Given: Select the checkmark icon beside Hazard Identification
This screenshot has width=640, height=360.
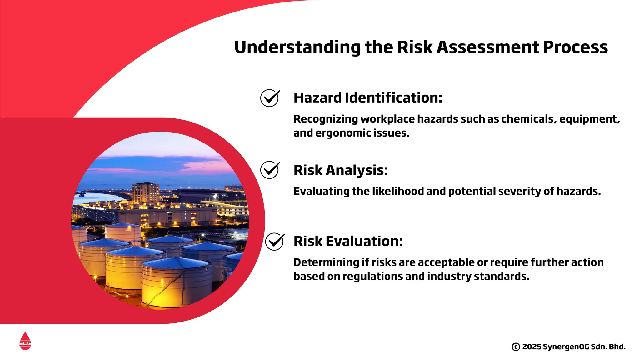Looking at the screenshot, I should [x=270, y=98].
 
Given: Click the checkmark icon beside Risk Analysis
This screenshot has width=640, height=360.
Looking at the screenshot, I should [x=270, y=170].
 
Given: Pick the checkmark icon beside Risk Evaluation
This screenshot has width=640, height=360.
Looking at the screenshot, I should [x=275, y=242].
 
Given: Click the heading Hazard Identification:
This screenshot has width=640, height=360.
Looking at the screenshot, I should [x=368, y=97].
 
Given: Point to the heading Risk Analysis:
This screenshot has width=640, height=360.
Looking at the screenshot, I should [x=341, y=170].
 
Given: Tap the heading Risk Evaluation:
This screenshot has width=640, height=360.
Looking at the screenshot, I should [x=348, y=241].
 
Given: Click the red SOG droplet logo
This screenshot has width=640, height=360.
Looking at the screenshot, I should [x=25, y=341].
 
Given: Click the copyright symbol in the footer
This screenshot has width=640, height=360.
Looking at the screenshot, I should [x=516, y=347].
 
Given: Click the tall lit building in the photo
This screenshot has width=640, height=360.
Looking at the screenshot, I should [x=145, y=192].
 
